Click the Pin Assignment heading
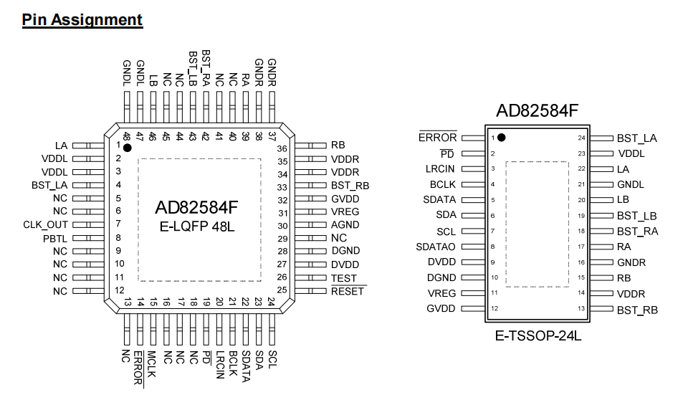(82, 20)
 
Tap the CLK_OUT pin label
(46, 225)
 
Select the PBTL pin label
(55, 239)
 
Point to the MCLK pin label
(152, 364)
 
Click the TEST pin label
(344, 278)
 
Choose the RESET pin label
(348, 292)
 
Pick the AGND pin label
(345, 225)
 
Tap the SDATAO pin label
(436, 247)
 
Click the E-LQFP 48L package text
(197, 227)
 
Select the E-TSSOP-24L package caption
(538, 336)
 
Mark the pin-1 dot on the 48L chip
(128, 148)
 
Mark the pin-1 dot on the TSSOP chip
(502, 138)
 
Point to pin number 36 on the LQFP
(282, 149)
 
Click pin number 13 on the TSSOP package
(581, 308)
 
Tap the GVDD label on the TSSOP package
(441, 309)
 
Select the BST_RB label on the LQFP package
(350, 186)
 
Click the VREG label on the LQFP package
(345, 211)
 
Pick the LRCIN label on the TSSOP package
(440, 169)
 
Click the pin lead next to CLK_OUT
(88, 225)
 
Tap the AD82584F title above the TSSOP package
(537, 110)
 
